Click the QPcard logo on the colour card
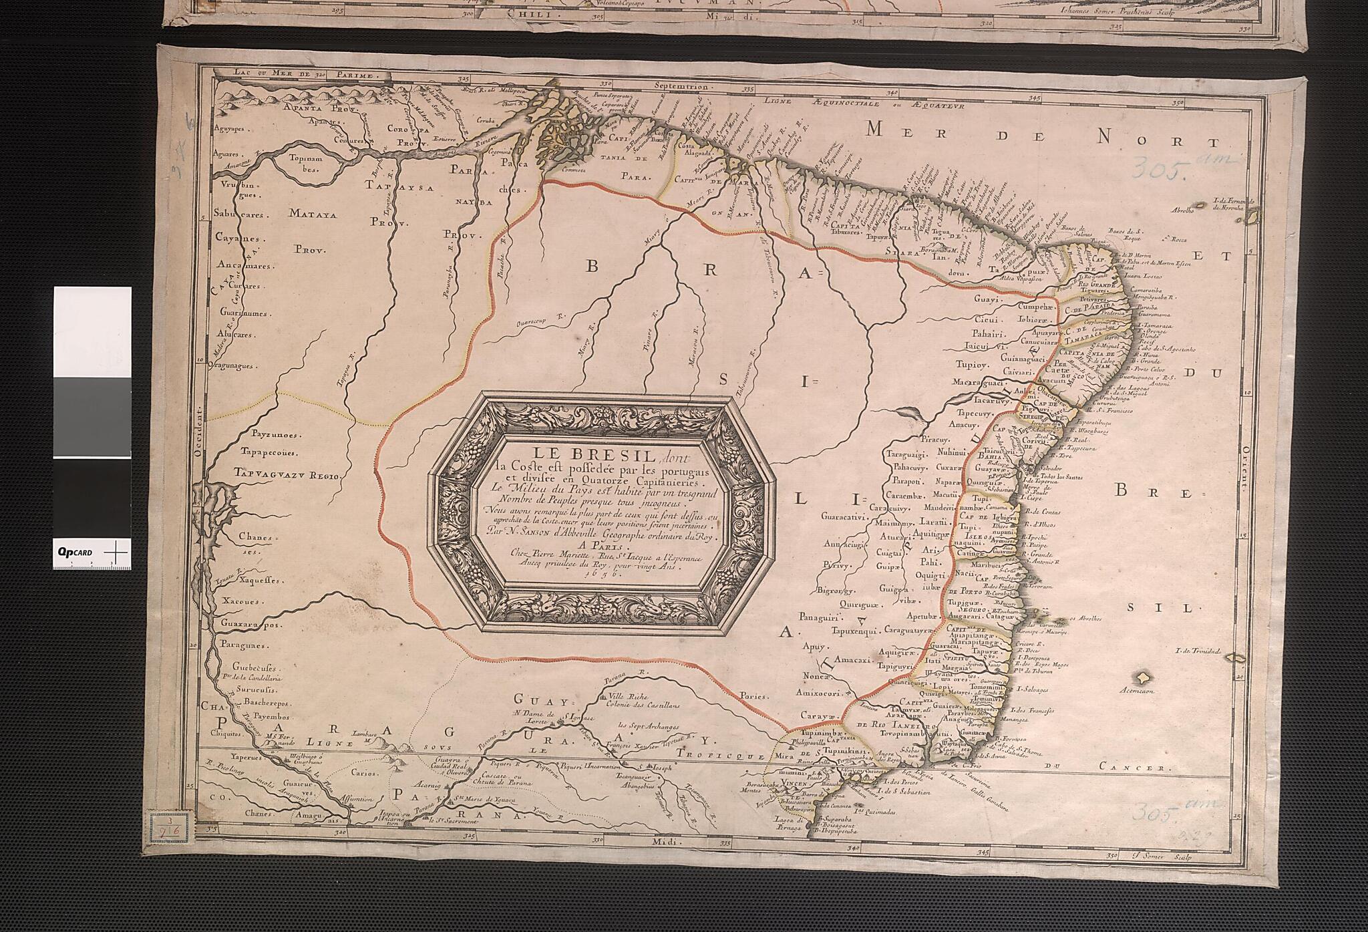(75, 552)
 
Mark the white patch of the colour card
(92, 331)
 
